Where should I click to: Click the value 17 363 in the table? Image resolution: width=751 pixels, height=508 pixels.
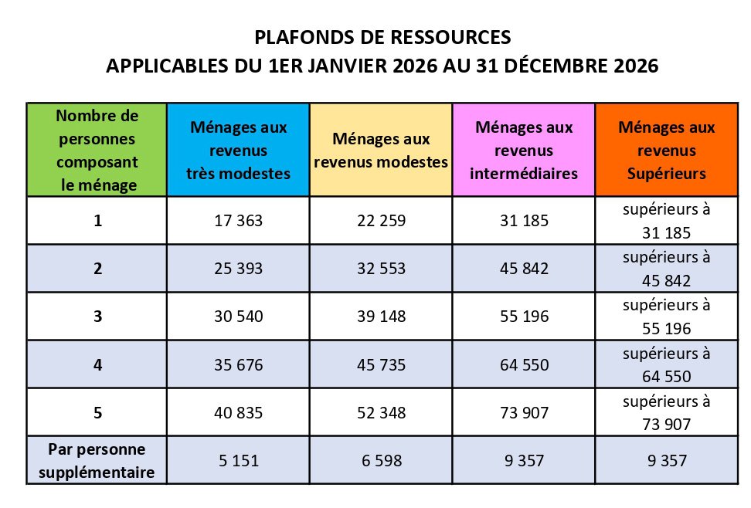coord(238,221)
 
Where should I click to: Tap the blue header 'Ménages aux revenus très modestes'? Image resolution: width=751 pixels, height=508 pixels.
coord(238,150)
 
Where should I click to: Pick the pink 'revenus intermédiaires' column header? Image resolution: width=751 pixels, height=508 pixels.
coord(524,150)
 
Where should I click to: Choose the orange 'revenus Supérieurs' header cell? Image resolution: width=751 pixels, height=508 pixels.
coord(667,150)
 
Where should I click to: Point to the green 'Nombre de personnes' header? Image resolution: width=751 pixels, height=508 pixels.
coord(97,150)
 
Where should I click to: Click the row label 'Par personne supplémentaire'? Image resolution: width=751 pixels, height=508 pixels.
coord(97,460)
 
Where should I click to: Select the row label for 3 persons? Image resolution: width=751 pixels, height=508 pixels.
coord(97,317)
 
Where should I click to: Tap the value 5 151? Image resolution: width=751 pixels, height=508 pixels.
coord(238,461)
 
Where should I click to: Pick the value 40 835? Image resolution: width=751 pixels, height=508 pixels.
coord(238,413)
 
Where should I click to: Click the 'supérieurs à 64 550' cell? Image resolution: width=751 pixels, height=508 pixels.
coord(667,365)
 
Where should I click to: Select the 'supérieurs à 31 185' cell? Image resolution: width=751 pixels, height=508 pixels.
coord(667,221)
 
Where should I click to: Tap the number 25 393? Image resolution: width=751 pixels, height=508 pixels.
coord(238,269)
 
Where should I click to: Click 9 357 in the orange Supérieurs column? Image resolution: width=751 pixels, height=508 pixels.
coord(667,461)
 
